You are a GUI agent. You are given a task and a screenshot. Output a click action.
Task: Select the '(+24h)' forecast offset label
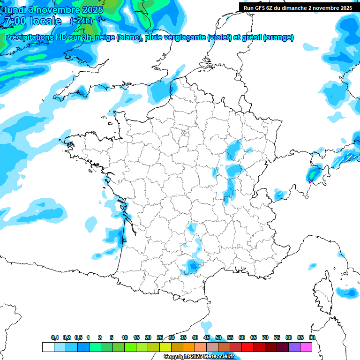point(81,21)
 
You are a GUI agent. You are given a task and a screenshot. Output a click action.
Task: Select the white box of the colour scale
point(48,347)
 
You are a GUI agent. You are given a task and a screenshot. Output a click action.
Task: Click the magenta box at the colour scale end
point(306,347)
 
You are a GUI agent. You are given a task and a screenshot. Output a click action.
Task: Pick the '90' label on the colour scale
point(312,337)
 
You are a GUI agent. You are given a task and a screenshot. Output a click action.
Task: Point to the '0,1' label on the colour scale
point(55,337)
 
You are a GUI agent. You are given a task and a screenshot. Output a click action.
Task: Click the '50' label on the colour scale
point(218,337)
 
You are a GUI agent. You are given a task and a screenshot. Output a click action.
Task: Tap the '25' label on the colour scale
point(160,337)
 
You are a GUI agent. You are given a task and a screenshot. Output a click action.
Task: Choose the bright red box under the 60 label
point(247,347)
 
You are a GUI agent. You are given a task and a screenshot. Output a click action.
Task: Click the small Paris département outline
point(185,133)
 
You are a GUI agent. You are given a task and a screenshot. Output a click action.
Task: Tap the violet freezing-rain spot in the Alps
point(309,179)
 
